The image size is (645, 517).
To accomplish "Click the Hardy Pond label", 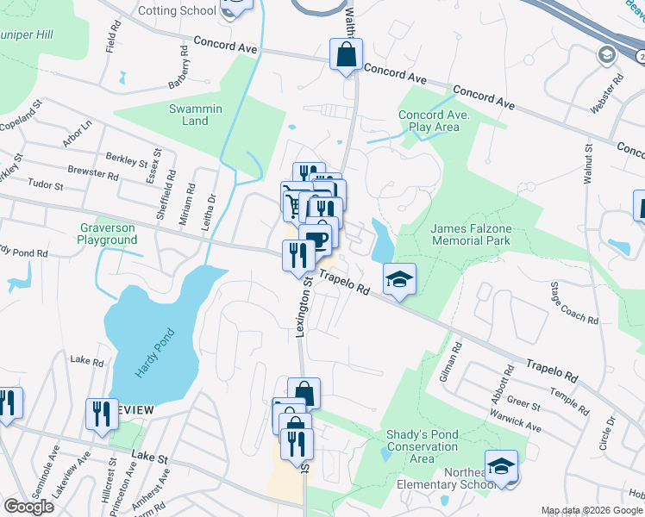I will (x=154, y=355).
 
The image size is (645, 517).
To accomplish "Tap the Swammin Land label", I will (x=196, y=115).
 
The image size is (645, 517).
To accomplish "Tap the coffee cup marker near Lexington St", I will (x=317, y=239).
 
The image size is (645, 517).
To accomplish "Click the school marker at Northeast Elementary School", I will (x=501, y=465).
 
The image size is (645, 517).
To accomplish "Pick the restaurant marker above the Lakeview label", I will (x=103, y=414).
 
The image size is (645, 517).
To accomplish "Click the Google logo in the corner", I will (x=28, y=507).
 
